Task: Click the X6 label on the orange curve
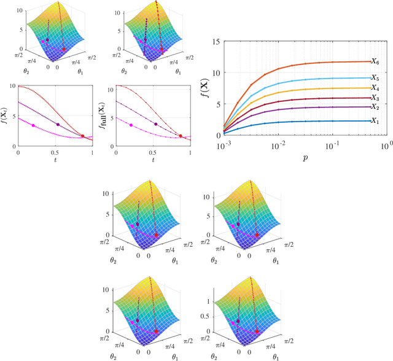point(376,61)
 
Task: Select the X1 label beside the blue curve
point(376,121)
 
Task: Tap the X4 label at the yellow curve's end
point(376,88)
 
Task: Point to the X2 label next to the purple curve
point(376,107)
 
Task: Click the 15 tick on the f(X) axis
point(214,41)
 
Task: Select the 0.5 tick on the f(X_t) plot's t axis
point(55,153)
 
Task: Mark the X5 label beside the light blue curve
point(376,78)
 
